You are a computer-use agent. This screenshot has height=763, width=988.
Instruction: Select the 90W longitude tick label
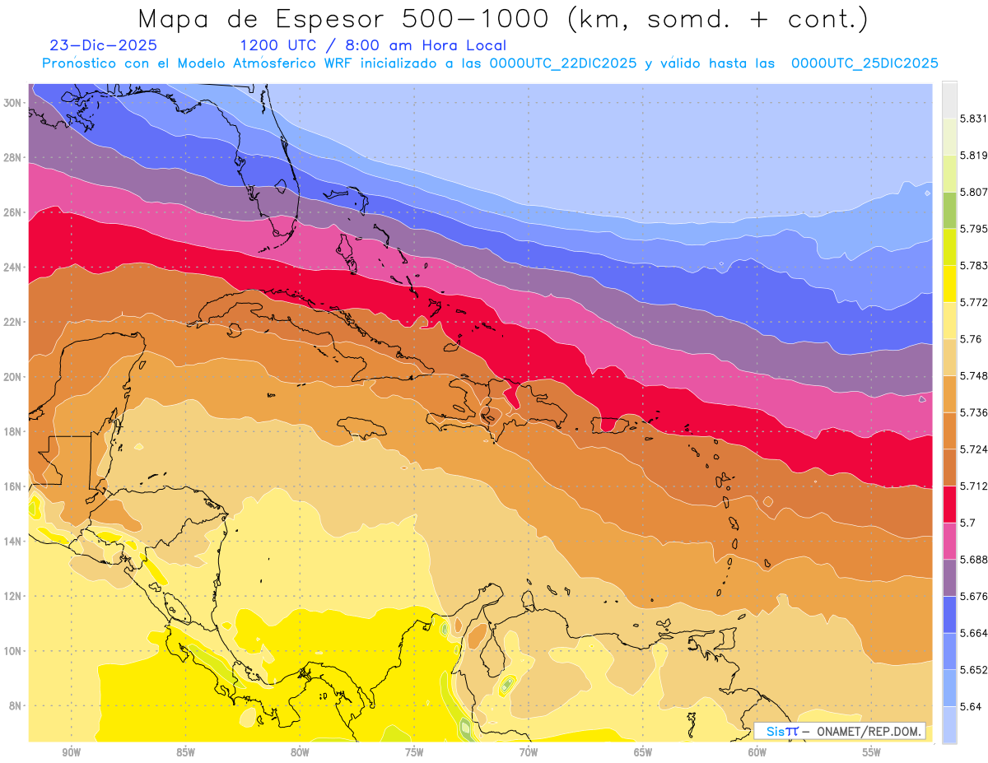coord(71,752)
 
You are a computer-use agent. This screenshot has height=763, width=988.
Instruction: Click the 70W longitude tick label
coord(529,752)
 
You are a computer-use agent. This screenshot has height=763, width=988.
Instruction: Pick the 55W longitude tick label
coord(872,752)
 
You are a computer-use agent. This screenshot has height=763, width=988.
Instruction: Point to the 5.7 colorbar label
coord(967,523)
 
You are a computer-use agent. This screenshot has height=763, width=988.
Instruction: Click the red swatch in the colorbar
coord(949,504)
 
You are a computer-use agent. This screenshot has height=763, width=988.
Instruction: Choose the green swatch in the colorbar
coord(949,210)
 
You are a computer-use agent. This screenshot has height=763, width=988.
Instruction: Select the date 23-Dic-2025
coord(103,45)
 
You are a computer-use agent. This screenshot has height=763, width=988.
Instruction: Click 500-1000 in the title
coord(473,18)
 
